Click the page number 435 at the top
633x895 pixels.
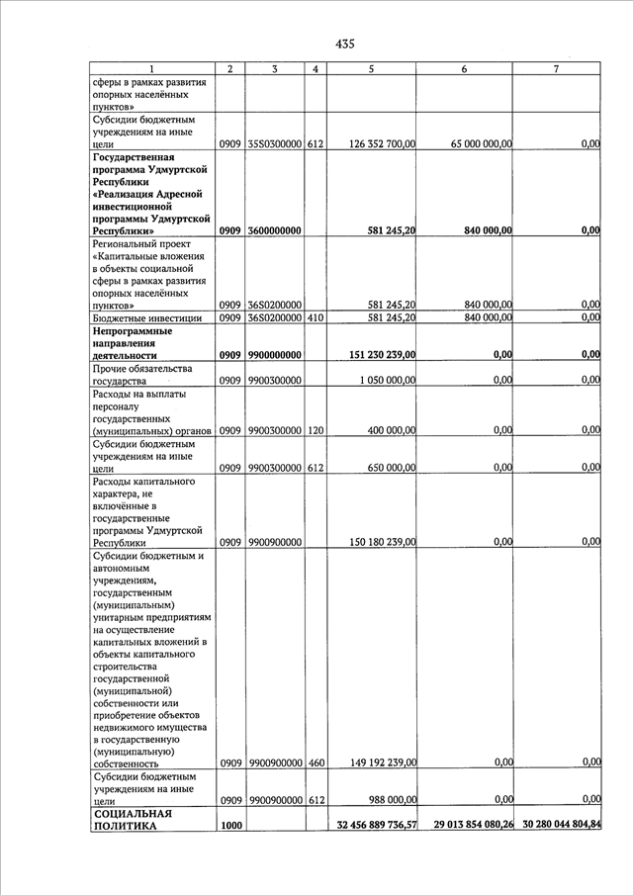coord(344,44)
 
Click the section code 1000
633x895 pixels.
coord(230,825)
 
